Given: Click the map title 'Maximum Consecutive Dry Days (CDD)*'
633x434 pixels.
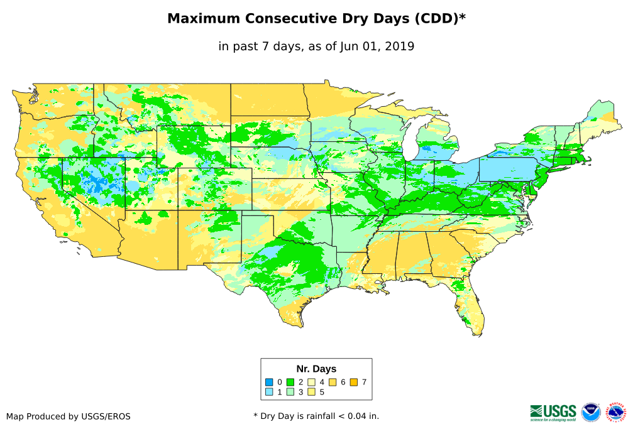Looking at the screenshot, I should point(316,19).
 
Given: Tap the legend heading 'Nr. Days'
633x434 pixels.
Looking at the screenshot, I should point(316,369).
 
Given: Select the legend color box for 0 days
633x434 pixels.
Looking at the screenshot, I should point(269,382).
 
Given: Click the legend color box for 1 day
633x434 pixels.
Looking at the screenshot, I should point(269,392).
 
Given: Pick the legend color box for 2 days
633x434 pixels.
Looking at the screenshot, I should point(290,382).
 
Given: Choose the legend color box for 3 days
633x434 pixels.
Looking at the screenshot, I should point(290,392).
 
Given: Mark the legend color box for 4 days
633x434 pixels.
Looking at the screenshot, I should point(311,382).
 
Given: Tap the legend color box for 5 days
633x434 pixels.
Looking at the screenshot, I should point(311,392).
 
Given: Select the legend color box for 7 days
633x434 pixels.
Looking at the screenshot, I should point(353,382).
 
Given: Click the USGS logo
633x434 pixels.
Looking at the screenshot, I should point(553,412).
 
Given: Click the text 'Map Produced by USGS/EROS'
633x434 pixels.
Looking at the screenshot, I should point(69,416).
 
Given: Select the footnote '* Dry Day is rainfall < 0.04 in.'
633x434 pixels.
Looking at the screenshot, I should point(316,416).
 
